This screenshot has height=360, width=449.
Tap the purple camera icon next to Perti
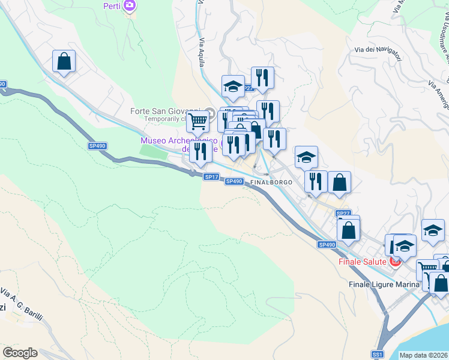129,7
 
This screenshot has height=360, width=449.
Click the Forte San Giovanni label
166,111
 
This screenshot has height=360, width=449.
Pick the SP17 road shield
211,176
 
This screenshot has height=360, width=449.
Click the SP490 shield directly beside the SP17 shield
234,181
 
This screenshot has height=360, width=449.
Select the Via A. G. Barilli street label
21,305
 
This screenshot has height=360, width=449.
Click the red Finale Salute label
363,262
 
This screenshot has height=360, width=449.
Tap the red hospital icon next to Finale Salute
396,262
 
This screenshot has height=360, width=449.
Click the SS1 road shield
377,355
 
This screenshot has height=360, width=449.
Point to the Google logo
20,353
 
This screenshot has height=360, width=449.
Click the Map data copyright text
424,355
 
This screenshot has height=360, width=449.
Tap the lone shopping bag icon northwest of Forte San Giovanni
64,61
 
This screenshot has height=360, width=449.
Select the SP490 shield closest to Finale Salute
327,244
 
